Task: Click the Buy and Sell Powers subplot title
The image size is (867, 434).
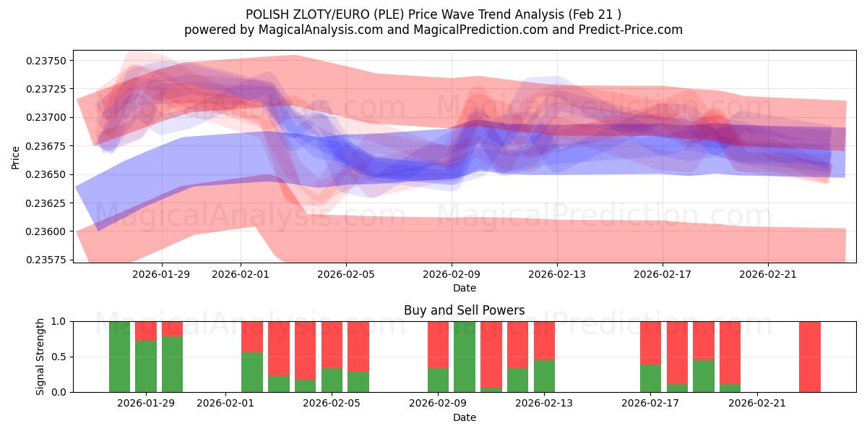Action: tap(464, 310)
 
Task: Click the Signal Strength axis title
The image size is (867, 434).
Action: tap(40, 357)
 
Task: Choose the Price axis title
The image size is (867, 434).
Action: tap(15, 157)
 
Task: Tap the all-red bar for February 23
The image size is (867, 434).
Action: tap(809, 357)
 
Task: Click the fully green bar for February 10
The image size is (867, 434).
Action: tap(465, 357)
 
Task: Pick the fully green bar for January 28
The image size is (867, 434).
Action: tap(119, 357)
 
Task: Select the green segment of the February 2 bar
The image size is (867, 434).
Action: tap(252, 372)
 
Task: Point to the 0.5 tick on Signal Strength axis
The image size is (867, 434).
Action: tap(59, 357)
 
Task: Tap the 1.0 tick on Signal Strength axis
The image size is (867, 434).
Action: tap(59, 321)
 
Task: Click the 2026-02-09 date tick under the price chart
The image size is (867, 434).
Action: tap(452, 274)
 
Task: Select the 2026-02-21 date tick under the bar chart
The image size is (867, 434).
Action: tap(756, 403)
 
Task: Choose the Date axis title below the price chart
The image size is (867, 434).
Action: tap(464, 288)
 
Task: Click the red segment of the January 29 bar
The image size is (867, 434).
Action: tap(146, 331)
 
